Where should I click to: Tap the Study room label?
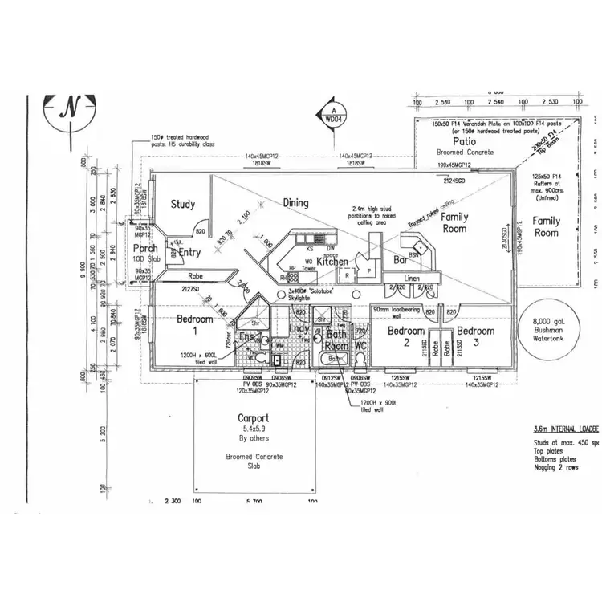coord(183,205)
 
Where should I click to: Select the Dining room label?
coord(295,203)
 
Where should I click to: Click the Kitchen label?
coord(332,262)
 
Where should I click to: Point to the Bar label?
coord(401,261)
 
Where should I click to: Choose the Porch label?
coord(145,249)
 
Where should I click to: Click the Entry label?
coord(189,253)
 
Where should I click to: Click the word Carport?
coord(253,418)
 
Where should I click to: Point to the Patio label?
coord(465,140)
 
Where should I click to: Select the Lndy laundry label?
coord(299,329)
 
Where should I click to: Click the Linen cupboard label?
coord(411,278)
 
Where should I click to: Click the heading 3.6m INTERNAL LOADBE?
coord(567,430)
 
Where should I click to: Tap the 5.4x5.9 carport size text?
coord(253,429)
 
